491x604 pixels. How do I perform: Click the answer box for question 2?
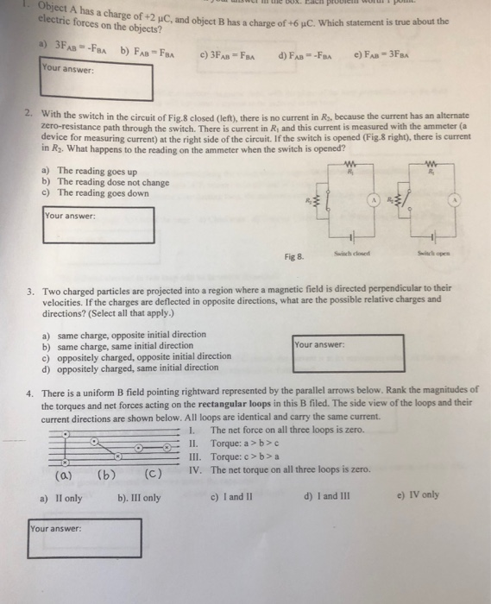(x=98, y=224)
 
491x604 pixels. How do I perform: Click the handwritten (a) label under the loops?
(x=63, y=474)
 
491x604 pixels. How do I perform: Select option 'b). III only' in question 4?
(x=139, y=497)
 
